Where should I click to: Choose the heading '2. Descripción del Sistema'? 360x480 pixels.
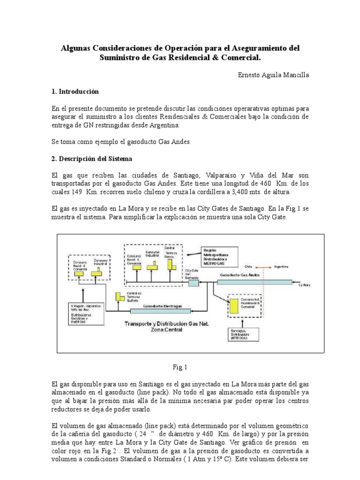[x=92, y=159]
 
